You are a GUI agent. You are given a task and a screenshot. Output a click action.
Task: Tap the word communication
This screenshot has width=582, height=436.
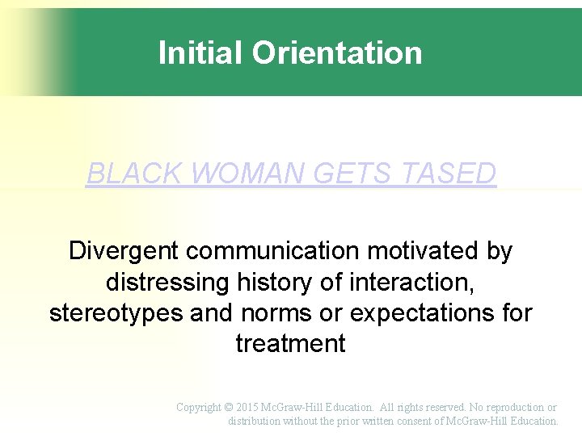click(271, 251)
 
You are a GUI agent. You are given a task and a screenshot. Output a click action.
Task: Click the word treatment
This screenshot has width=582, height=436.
click(290, 343)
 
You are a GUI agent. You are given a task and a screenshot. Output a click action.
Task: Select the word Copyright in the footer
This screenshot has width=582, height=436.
click(199, 408)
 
